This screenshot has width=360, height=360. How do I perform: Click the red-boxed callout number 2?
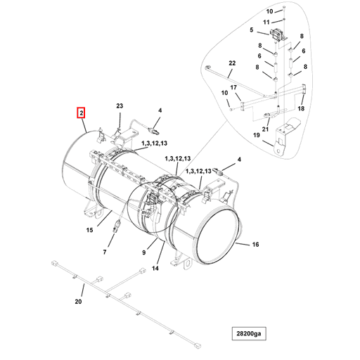[82, 112]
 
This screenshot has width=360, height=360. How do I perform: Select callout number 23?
[120, 105]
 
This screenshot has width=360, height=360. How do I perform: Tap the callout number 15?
[89, 231]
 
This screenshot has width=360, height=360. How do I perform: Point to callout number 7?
[105, 252]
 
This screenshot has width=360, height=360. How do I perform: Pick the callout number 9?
[143, 252]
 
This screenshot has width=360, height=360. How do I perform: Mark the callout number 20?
[78, 302]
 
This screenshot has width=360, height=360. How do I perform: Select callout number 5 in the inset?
[251, 31]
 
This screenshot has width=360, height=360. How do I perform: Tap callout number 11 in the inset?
[266, 22]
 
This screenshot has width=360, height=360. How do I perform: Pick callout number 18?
[301, 108]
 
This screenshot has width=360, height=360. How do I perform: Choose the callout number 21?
[265, 129]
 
